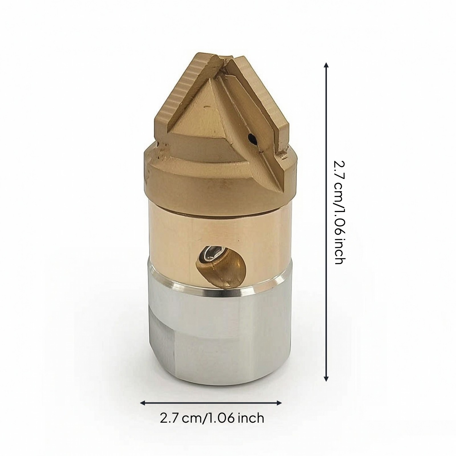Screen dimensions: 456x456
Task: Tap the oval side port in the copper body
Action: click(221, 266)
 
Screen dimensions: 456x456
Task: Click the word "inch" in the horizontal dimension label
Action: click(251, 418)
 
